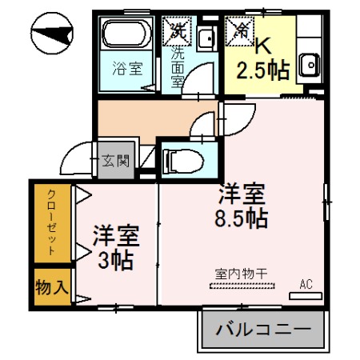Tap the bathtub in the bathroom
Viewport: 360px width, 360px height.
coord(126,37)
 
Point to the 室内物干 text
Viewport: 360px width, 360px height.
coord(241,274)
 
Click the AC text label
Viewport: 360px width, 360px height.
coord(306,284)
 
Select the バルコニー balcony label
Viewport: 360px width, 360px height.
coord(263,328)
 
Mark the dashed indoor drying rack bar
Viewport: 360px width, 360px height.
coord(241,285)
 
